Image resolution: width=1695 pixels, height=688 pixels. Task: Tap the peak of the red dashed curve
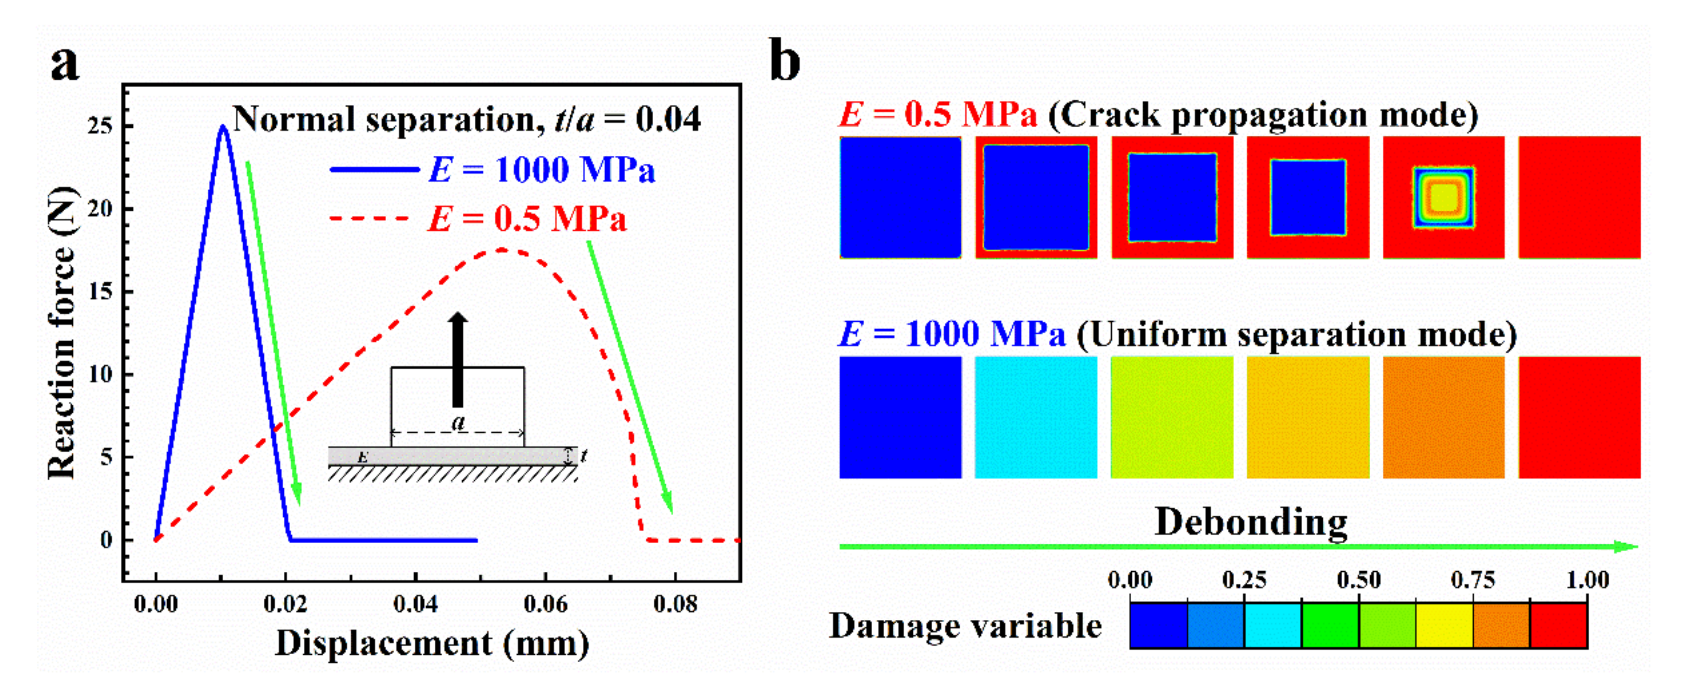(x=501, y=249)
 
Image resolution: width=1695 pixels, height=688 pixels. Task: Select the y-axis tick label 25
(x=100, y=125)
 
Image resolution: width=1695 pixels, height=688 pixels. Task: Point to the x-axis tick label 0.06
(x=545, y=604)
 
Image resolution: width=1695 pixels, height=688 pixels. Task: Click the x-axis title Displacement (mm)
(x=432, y=643)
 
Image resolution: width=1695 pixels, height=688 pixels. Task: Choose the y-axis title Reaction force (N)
(x=62, y=333)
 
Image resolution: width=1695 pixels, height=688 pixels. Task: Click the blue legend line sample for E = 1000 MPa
(x=374, y=170)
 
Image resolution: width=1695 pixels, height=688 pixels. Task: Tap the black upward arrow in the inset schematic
(x=458, y=359)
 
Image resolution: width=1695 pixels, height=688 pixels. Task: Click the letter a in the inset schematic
(x=459, y=422)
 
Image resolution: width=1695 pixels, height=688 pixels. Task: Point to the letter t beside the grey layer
(x=584, y=454)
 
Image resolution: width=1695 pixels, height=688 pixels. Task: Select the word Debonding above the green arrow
(x=1251, y=522)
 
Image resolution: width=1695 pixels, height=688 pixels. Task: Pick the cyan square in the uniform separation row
(x=1035, y=417)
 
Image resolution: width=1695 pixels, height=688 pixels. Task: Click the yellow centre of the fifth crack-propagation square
(x=1443, y=198)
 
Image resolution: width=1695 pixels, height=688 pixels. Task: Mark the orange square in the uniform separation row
(x=1443, y=417)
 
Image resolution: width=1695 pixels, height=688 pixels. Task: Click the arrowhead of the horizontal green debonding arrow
(x=1628, y=546)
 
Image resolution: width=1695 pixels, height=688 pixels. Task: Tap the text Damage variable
(x=965, y=626)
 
